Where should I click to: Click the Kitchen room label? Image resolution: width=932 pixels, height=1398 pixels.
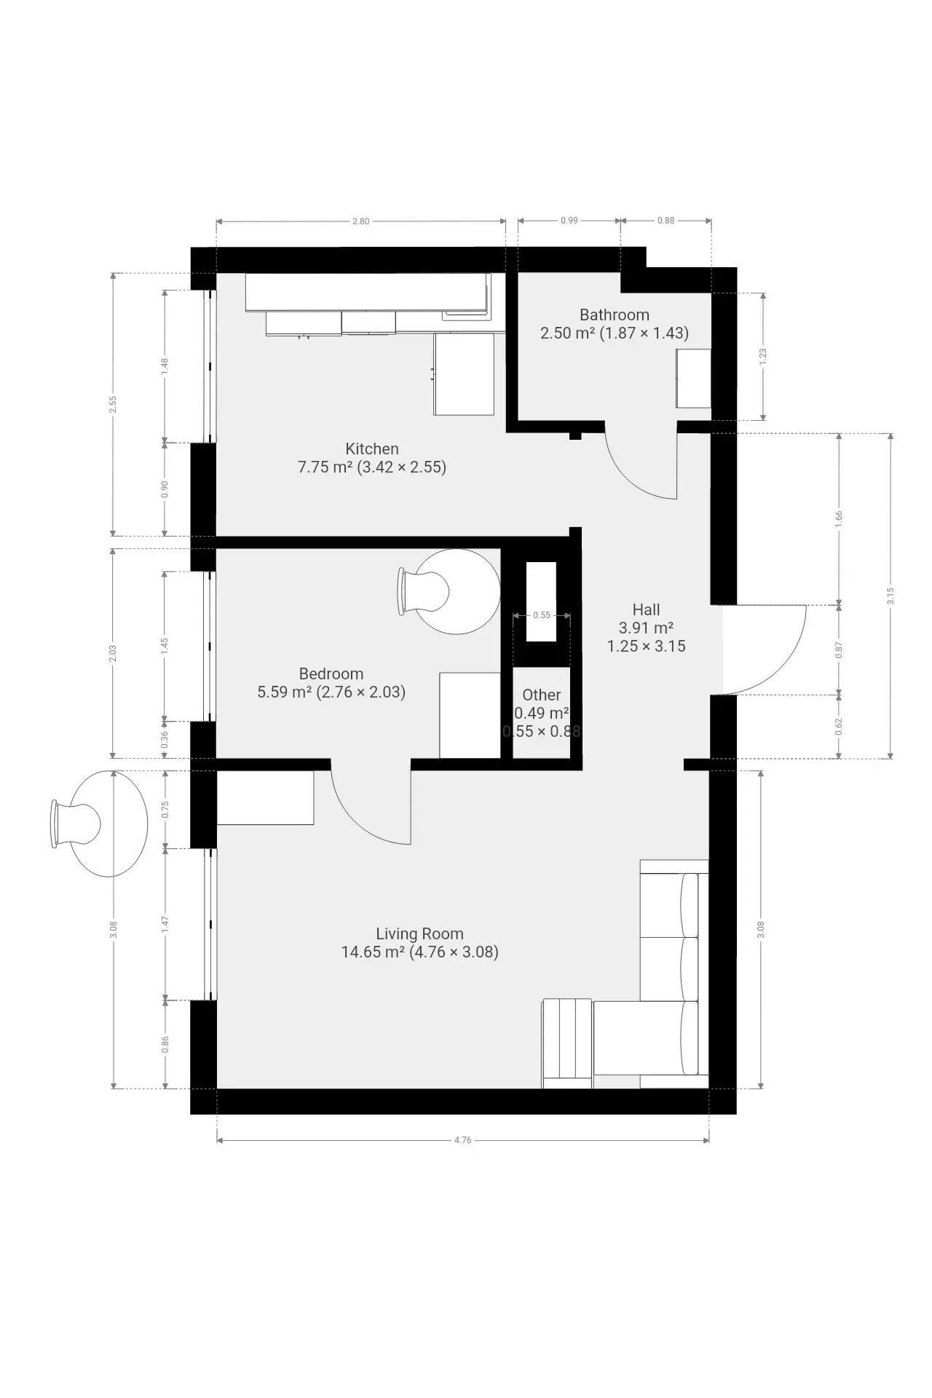(372, 449)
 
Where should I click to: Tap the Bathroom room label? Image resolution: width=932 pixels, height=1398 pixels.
(615, 315)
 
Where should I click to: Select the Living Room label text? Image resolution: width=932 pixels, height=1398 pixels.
(419, 933)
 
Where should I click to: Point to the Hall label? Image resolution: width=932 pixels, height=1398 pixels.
(646, 610)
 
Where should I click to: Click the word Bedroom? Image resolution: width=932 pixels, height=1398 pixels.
(331, 674)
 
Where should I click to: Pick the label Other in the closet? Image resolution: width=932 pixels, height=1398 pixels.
(542, 695)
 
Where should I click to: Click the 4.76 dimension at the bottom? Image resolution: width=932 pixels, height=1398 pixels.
(462, 1140)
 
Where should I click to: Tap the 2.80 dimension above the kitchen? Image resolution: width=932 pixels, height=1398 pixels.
(360, 221)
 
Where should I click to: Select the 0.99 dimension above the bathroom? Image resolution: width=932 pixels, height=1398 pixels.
(569, 221)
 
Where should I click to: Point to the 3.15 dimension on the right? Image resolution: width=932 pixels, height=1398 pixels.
(890, 596)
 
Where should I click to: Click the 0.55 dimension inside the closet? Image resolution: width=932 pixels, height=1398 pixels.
(542, 615)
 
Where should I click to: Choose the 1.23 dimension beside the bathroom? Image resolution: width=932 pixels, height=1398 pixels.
(762, 356)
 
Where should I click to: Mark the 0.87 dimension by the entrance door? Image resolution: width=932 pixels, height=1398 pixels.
(839, 649)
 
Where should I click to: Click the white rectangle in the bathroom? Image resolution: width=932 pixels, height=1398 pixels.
(693, 378)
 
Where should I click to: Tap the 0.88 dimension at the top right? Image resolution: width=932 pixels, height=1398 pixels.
(666, 221)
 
